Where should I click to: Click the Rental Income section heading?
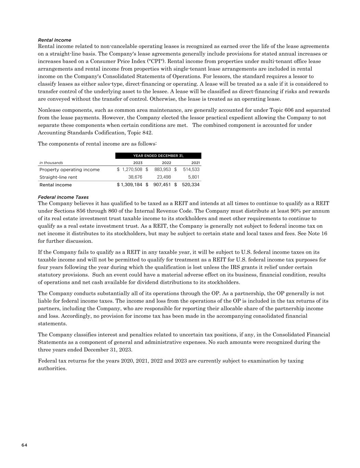(54, 40)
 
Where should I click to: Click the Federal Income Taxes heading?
(63, 197)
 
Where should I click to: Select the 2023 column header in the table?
(138, 163)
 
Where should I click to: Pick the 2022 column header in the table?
(166, 163)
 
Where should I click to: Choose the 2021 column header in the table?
(196, 163)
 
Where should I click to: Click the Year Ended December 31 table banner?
(158, 156)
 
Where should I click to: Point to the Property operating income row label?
(70, 170)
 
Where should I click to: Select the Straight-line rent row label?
(58, 177)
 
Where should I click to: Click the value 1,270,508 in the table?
(132, 170)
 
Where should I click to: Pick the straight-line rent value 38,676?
(135, 177)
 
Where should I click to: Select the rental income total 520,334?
(190, 185)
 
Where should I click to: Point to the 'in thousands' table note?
(51, 163)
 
